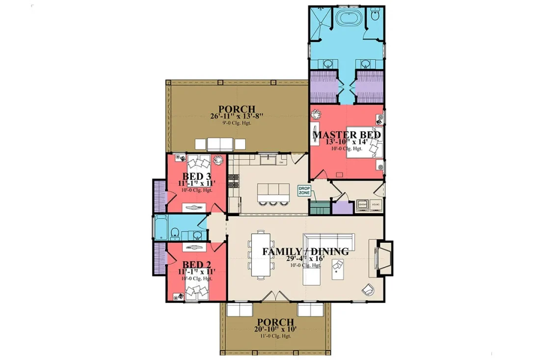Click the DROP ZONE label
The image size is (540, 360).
tap(304, 191)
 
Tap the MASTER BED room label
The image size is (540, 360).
tap(347, 134)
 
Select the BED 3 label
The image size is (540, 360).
tap(196, 176)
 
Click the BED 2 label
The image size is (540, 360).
tap(196, 266)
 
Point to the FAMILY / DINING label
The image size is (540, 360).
tap(305, 251)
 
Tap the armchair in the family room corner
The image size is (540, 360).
tap(368, 290)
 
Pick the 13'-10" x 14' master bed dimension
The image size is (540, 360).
tap(347, 142)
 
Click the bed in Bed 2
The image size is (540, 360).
tap(199, 290)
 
